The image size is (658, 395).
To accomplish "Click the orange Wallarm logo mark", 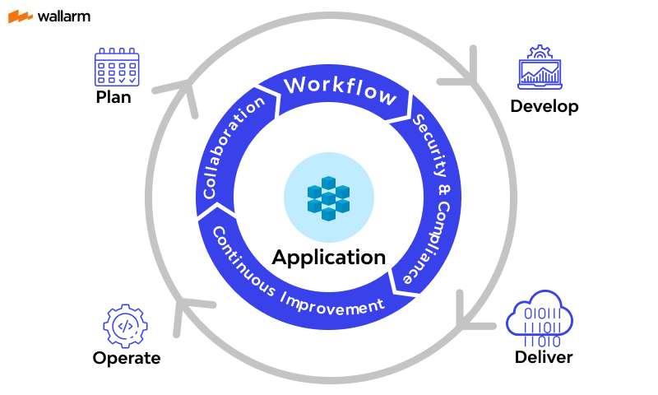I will point(21,16).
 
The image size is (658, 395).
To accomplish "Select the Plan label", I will point(114,97).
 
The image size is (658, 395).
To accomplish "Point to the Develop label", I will point(544,106).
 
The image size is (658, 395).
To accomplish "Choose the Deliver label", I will point(543,357).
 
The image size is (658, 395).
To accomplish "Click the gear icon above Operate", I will point(125,326).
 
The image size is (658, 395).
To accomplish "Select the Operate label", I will point(126,358).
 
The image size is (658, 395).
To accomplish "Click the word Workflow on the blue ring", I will point(340,89).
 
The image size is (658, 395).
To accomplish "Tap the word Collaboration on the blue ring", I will point(234,148).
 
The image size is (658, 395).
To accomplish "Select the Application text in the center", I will point(329,257).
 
